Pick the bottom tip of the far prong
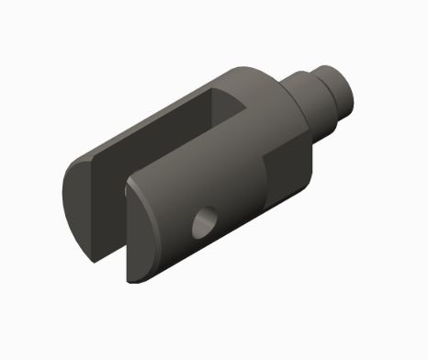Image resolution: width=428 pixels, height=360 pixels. [x=92, y=251]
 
